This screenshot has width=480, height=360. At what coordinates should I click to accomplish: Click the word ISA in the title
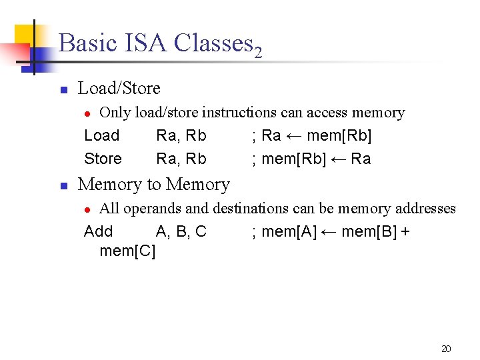(145, 43)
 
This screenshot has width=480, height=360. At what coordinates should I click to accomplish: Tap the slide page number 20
(446, 348)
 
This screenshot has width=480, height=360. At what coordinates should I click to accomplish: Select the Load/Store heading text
(119, 88)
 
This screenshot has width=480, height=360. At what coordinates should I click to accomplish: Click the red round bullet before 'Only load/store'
(93, 113)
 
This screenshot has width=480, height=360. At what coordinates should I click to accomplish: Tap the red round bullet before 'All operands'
(93, 209)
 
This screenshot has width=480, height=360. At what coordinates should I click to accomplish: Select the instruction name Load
(101, 136)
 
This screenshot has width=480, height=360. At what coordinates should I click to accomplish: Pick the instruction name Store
(103, 159)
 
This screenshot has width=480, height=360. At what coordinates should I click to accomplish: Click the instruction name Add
(98, 232)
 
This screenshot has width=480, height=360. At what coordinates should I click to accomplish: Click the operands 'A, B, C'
(181, 232)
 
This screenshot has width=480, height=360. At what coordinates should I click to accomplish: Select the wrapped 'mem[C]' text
(127, 251)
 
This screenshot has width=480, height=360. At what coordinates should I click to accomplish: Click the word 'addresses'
(425, 209)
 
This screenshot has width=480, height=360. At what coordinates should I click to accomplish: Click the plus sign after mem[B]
(405, 232)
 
